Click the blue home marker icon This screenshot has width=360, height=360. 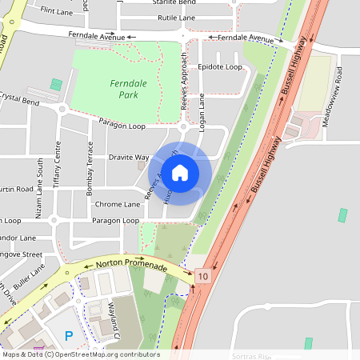click(x=180, y=173)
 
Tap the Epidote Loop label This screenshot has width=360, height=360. click(x=220, y=66)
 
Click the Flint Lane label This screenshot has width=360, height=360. click(x=57, y=12)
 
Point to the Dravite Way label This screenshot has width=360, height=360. click(x=129, y=158)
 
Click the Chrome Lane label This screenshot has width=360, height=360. click(x=117, y=205)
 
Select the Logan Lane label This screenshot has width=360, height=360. click(x=202, y=112)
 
